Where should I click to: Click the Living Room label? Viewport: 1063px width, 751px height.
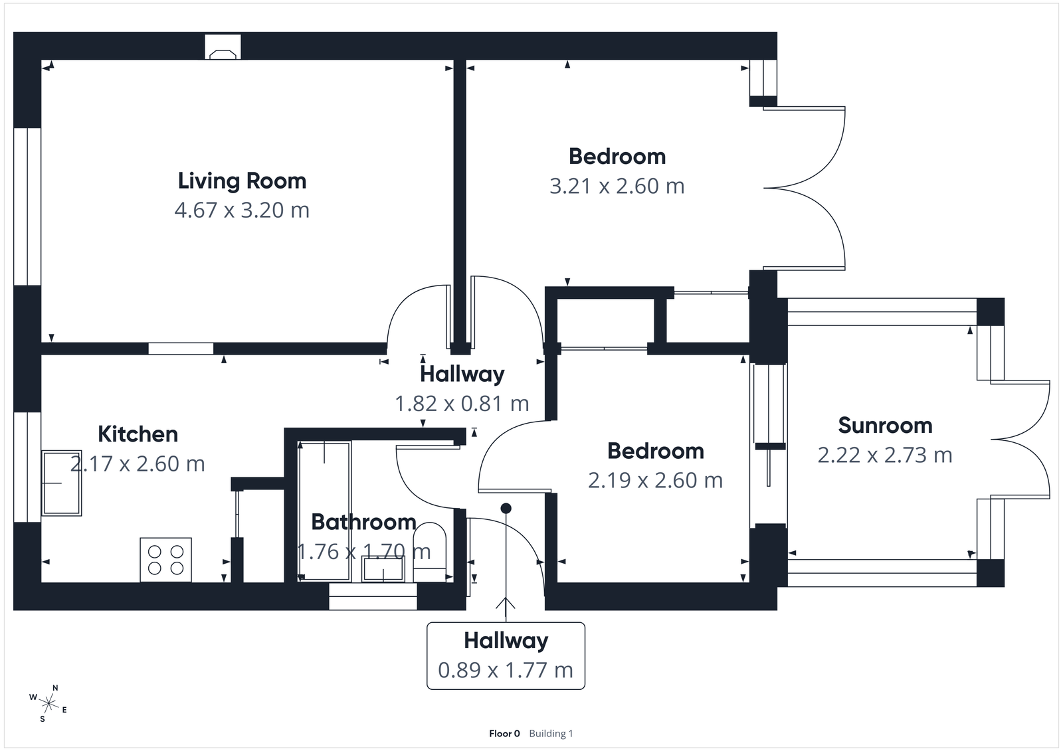pyautogui.click(x=242, y=181)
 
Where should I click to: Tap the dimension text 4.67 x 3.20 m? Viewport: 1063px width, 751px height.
pyautogui.click(x=242, y=210)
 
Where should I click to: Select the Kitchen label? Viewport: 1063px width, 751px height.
pyautogui.click(x=138, y=434)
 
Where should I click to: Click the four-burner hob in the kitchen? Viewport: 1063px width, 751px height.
pyautogui.click(x=166, y=560)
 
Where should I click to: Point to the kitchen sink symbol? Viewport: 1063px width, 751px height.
pyautogui.click(x=62, y=483)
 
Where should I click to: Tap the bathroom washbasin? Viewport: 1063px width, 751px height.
pyautogui.click(x=383, y=569)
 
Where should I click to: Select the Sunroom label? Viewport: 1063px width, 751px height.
pyautogui.click(x=885, y=425)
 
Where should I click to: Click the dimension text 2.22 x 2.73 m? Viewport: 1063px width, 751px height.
pyautogui.click(x=885, y=456)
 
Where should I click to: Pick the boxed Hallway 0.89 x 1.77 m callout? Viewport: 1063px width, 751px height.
pyautogui.click(x=506, y=655)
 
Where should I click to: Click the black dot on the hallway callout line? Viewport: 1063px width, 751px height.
pyautogui.click(x=506, y=508)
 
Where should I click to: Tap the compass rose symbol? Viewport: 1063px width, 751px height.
pyautogui.click(x=48, y=703)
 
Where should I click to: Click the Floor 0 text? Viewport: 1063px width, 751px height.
pyautogui.click(x=504, y=734)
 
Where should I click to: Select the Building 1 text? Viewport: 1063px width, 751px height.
pyautogui.click(x=551, y=734)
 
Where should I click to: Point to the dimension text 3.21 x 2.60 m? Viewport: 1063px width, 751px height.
pyautogui.click(x=617, y=187)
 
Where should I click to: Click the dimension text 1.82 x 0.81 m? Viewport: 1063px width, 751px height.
pyautogui.click(x=462, y=404)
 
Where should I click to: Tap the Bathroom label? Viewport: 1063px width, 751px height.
pyautogui.click(x=363, y=522)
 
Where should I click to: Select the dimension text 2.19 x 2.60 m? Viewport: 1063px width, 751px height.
pyautogui.click(x=655, y=481)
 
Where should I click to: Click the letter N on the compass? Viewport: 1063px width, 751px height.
pyautogui.click(x=56, y=688)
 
